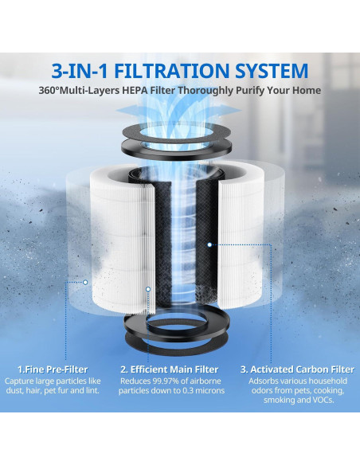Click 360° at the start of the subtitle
point(52,90)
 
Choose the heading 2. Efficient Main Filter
point(168,369)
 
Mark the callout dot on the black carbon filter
point(209,244)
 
